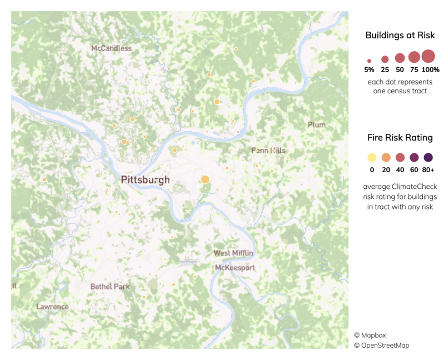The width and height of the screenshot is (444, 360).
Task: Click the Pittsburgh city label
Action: pos(145,180)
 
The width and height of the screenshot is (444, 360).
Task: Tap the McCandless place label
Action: pos(111,48)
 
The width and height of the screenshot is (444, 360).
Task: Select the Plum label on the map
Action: pos(316,125)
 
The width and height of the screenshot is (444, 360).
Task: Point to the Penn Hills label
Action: pos(268,151)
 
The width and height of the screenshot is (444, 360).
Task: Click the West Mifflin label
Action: pos(234,253)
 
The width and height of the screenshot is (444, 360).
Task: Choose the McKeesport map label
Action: pos(235,268)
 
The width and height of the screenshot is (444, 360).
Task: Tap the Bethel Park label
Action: pos(110,287)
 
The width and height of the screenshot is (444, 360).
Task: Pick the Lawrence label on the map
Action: pos(52,307)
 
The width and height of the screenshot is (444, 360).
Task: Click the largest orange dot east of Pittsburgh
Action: pos(205,179)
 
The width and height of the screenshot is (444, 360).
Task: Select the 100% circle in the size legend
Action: pos(428,56)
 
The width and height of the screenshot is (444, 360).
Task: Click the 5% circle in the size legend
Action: pos(369,61)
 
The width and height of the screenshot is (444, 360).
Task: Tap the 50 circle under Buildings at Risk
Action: pos(400,58)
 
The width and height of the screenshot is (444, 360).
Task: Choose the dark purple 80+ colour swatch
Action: pos(428,158)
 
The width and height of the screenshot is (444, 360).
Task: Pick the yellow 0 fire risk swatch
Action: pos(371,158)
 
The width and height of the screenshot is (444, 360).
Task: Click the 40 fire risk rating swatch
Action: pos(400,158)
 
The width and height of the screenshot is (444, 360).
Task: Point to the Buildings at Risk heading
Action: pos(400,36)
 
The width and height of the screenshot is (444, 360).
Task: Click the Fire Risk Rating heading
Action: pos(400,137)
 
